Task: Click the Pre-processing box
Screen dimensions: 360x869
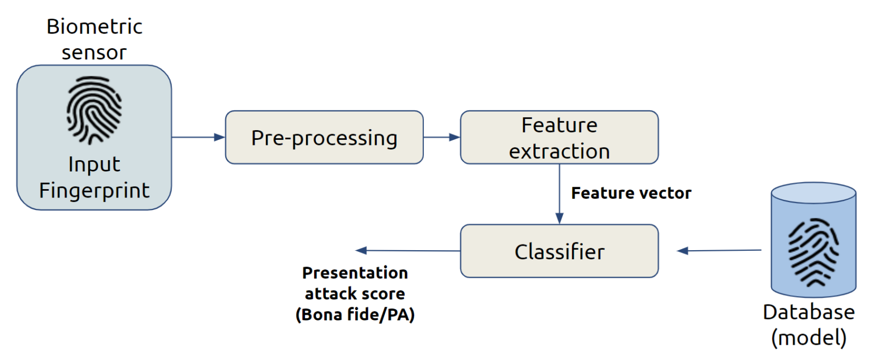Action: (x=324, y=138)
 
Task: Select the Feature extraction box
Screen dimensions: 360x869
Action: (x=559, y=138)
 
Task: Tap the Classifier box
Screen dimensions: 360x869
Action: (x=559, y=251)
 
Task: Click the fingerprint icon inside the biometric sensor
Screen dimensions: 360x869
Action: (x=94, y=110)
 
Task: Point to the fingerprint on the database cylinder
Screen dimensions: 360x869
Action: (x=814, y=253)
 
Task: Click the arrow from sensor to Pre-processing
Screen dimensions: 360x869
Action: (x=198, y=137)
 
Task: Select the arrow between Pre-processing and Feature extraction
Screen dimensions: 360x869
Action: (x=442, y=137)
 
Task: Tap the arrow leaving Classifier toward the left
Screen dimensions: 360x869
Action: (x=407, y=250)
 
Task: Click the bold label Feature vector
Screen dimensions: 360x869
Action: (x=631, y=194)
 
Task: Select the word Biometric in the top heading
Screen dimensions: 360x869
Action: (x=94, y=27)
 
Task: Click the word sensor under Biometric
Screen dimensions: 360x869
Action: (x=94, y=53)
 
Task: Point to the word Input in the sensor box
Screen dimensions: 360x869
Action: (x=94, y=165)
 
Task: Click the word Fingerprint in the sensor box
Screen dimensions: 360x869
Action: (x=94, y=190)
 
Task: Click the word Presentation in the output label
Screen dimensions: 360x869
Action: (x=355, y=273)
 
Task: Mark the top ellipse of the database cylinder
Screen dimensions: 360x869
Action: (x=814, y=193)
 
